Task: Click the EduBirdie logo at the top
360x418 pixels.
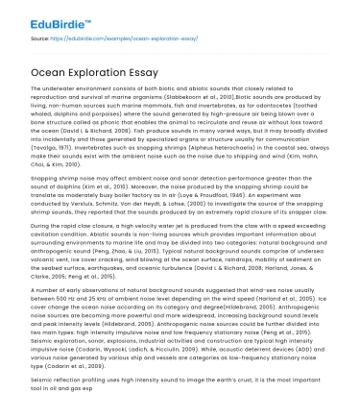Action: (45, 17)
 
